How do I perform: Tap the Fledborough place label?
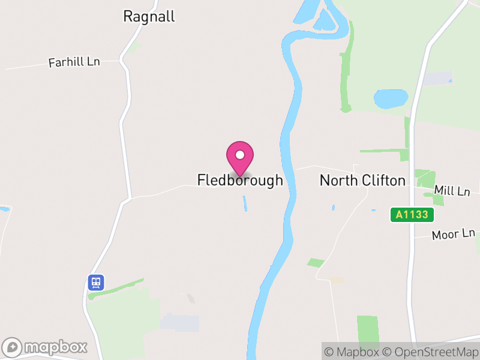click(240, 180)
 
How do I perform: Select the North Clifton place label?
click(362, 180)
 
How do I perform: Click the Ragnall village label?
click(149, 16)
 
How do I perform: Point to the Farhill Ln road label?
click(74, 62)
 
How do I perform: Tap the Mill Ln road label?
click(452, 191)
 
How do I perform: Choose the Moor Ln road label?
click(454, 234)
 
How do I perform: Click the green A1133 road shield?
click(412, 214)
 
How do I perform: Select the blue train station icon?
click(96, 282)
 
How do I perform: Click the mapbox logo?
click(46, 347)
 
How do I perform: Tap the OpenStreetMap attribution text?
click(431, 352)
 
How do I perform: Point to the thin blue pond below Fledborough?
click(244, 203)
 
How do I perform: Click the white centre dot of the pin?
click(240, 155)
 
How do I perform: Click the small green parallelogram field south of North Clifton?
click(316, 263)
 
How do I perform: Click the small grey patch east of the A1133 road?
click(438, 78)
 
